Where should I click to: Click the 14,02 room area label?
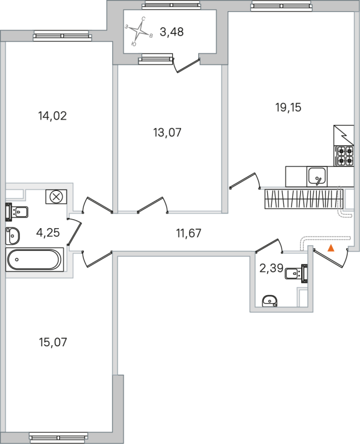point(52,116)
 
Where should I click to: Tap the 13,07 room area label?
point(167,133)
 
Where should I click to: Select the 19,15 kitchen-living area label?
point(288,108)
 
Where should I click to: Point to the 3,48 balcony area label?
point(171,32)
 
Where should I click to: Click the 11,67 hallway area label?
point(188,233)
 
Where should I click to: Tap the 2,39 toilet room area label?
point(271,269)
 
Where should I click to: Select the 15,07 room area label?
point(52,342)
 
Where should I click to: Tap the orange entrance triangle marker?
point(331,248)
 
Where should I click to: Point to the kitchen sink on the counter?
point(317,176)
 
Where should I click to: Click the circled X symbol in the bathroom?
point(56,196)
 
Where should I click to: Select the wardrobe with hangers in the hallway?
point(302,199)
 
